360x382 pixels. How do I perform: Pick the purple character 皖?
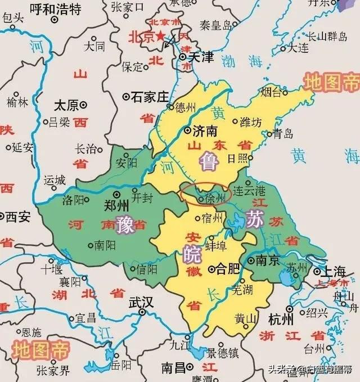pos(191,254)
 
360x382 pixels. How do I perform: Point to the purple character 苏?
pos(254,218)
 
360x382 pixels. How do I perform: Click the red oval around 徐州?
pos(204,194)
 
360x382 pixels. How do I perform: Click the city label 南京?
pos(268,261)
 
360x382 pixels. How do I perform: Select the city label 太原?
pos(67,105)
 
